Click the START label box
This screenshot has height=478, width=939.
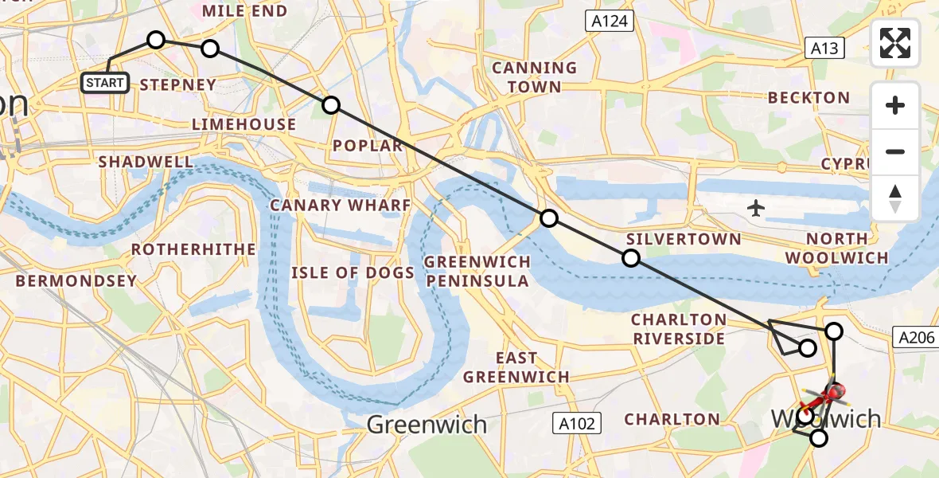click(105, 82)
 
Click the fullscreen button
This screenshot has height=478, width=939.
click(895, 43)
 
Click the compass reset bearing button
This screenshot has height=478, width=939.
click(895, 198)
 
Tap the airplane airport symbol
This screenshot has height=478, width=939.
click(756, 209)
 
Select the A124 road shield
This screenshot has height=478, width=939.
click(610, 22)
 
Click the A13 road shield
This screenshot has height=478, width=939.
click(824, 48)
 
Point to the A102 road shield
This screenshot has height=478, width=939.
click(577, 423)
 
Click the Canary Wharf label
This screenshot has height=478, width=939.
click(341, 206)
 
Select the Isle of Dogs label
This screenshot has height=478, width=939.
click(353, 273)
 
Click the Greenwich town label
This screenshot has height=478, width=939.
click(427, 425)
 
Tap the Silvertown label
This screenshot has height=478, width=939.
click(684, 239)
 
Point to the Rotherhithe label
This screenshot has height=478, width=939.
click(193, 249)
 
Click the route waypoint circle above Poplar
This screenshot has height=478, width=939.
click(330, 104)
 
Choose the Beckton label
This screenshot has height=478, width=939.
click(808, 98)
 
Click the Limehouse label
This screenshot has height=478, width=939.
click(244, 124)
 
